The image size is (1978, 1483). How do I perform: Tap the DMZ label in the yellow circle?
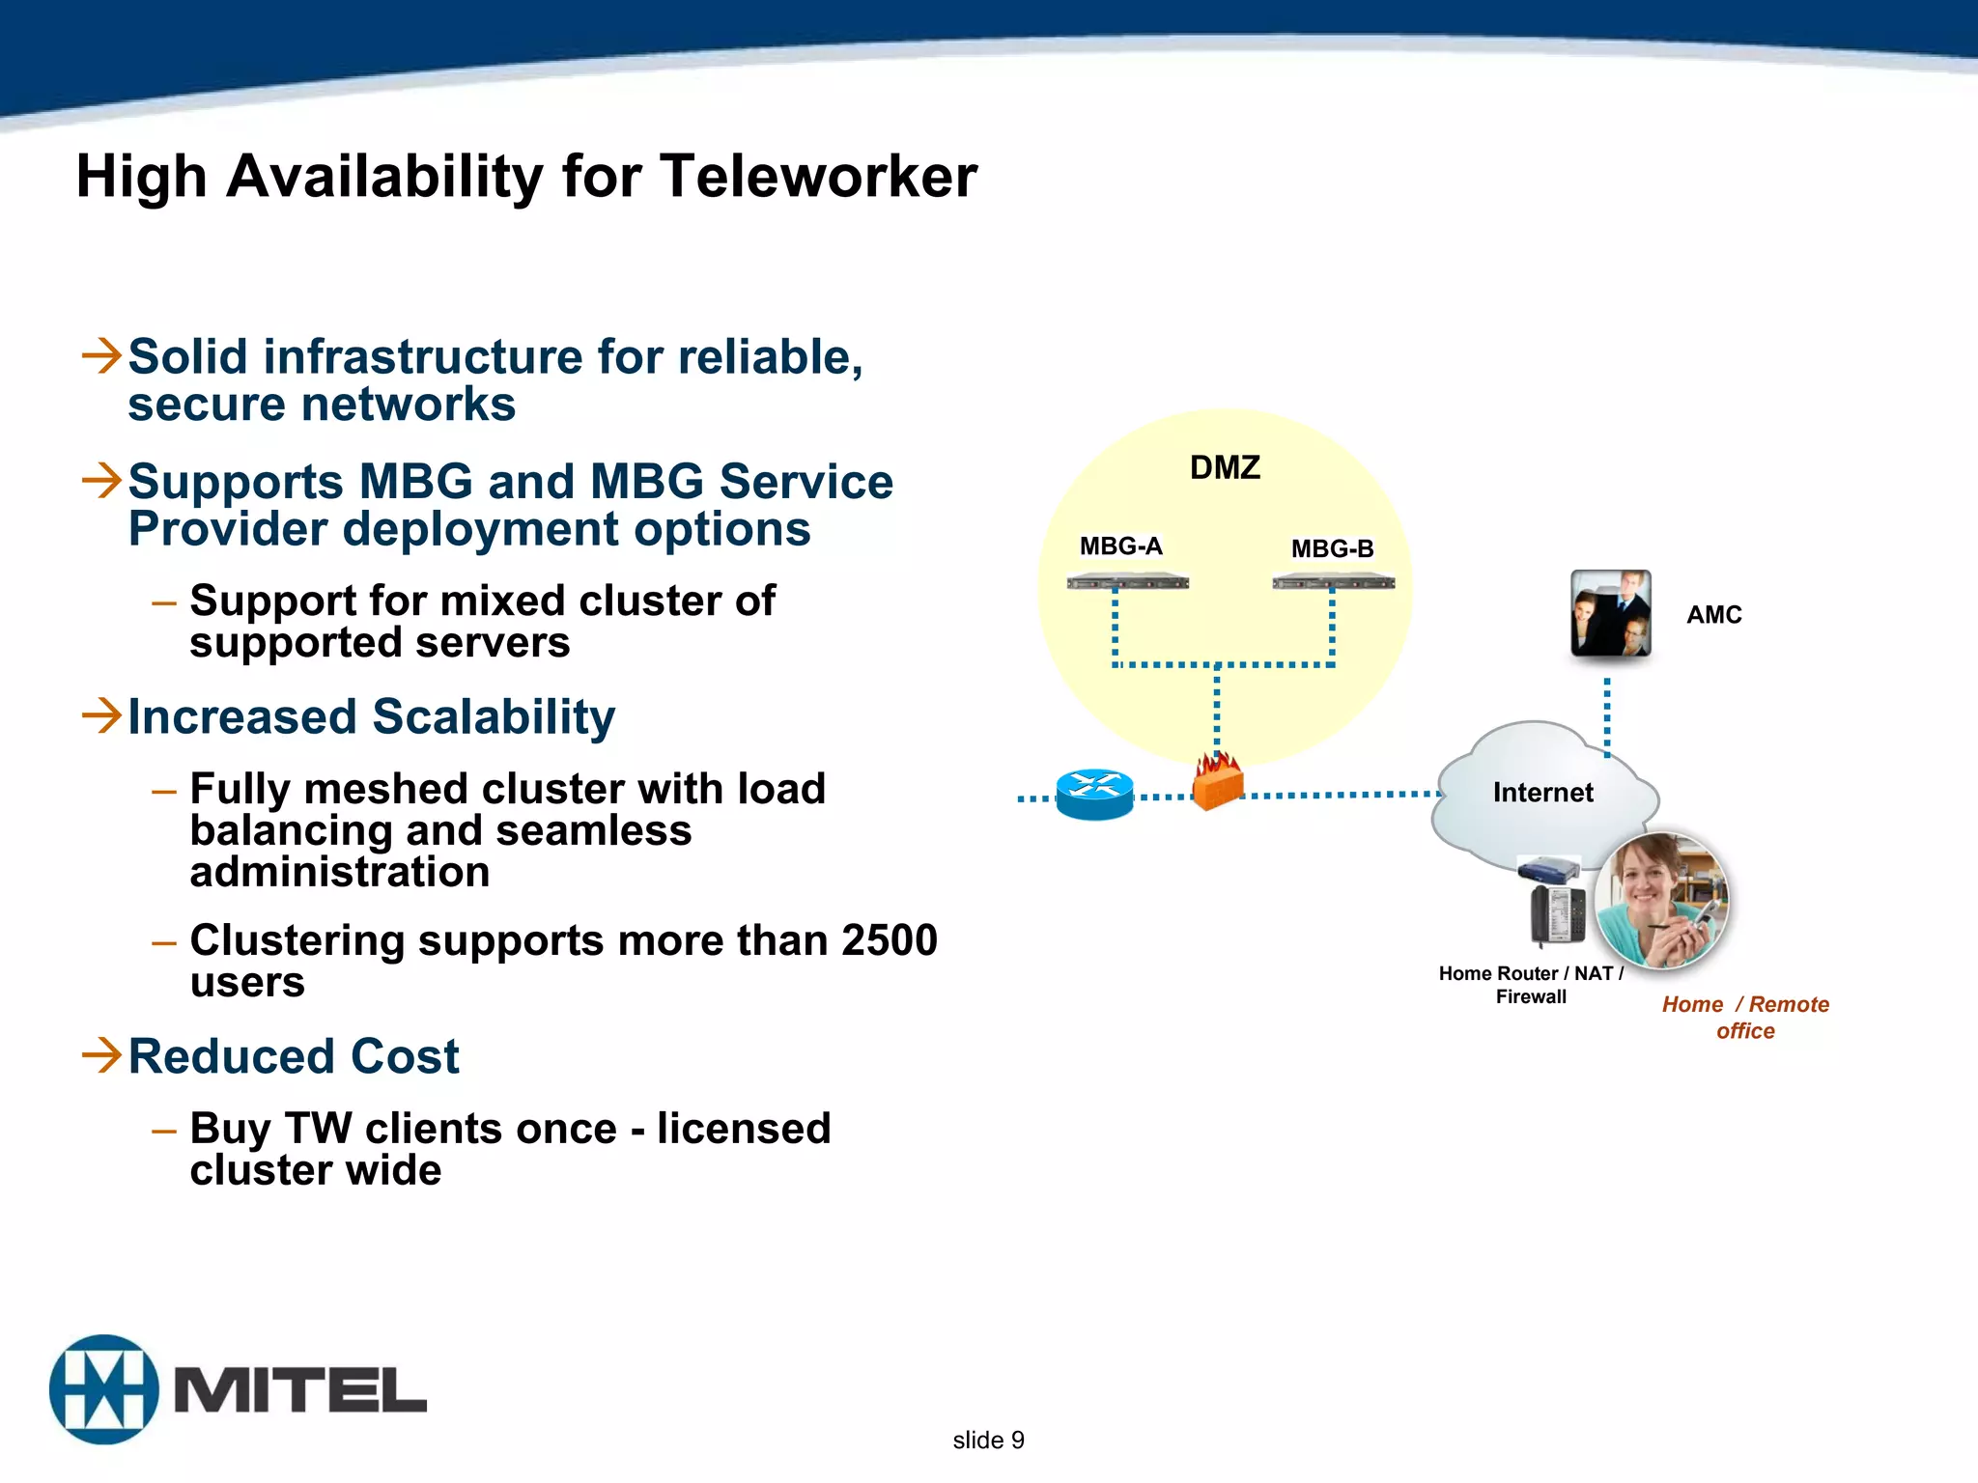[1225, 468]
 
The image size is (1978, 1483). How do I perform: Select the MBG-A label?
[1120, 546]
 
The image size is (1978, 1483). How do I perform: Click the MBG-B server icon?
[1333, 581]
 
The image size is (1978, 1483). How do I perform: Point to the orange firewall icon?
[1217, 782]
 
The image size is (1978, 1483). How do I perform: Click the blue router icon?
[1094, 795]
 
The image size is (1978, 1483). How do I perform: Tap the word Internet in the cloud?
[1542, 793]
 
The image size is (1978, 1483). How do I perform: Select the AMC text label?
[1713, 615]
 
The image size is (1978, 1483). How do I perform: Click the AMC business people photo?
[1610, 614]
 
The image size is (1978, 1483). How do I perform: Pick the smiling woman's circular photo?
[1661, 901]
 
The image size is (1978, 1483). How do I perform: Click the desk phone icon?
[1557, 915]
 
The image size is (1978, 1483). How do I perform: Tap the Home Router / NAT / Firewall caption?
[1531, 985]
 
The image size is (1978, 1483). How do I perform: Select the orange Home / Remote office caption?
[1745, 1018]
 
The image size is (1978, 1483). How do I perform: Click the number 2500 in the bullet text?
[889, 940]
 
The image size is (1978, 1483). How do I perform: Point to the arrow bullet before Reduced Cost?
[101, 1054]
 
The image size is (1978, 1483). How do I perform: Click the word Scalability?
[494, 717]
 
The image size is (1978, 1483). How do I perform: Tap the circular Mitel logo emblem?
[104, 1389]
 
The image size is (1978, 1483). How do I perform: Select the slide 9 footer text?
[988, 1440]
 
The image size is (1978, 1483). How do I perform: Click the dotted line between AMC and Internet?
[1607, 716]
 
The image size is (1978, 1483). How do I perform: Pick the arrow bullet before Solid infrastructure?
[101, 355]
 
